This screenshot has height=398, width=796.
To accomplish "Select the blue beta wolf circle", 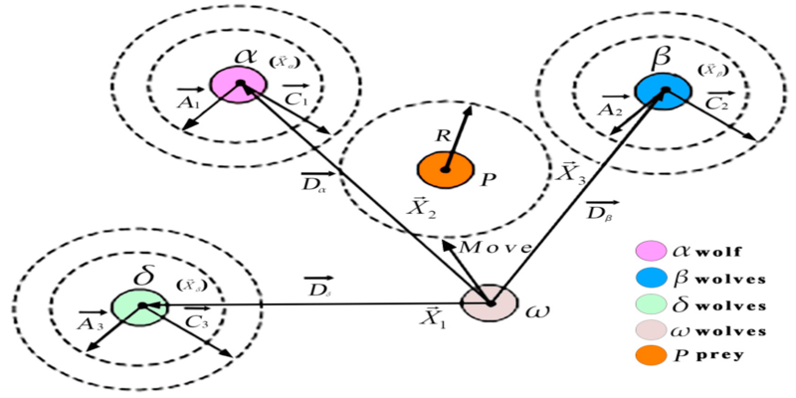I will tap(664, 91).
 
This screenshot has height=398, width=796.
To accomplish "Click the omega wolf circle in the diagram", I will tap(490, 302).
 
